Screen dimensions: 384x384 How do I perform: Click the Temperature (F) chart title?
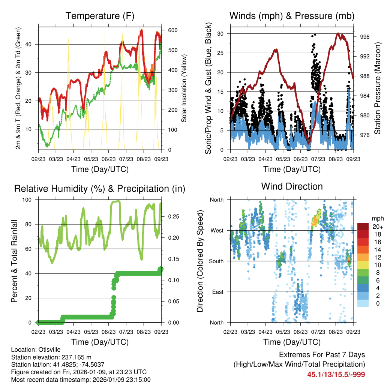coord(100,16)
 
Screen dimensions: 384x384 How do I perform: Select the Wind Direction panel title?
coord(292,186)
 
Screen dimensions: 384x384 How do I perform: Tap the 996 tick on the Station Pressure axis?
coord(365,37)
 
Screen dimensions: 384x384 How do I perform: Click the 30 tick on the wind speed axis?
coord(221,34)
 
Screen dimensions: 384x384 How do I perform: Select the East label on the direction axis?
coord(216,292)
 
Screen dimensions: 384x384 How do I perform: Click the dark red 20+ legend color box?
coord(363,227)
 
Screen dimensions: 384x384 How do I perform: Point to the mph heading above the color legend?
coord(377,218)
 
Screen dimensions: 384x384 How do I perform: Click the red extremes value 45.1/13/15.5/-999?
coord(336,374)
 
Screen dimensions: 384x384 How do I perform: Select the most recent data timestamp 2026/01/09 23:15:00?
coord(118,379)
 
